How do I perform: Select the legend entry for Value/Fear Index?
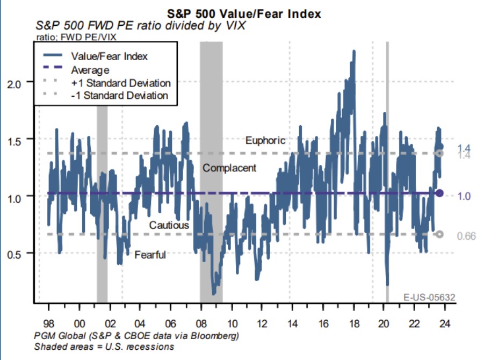click(x=109, y=56)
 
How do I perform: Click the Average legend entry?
click(x=90, y=70)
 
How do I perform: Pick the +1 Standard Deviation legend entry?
click(x=120, y=83)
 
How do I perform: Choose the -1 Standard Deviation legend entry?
click(x=119, y=96)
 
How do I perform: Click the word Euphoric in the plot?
click(x=265, y=141)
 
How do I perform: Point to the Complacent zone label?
click(x=229, y=168)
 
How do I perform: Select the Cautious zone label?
click(x=169, y=225)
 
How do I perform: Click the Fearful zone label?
click(x=150, y=255)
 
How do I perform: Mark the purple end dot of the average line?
click(x=439, y=193)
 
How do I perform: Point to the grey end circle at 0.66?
click(x=439, y=234)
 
